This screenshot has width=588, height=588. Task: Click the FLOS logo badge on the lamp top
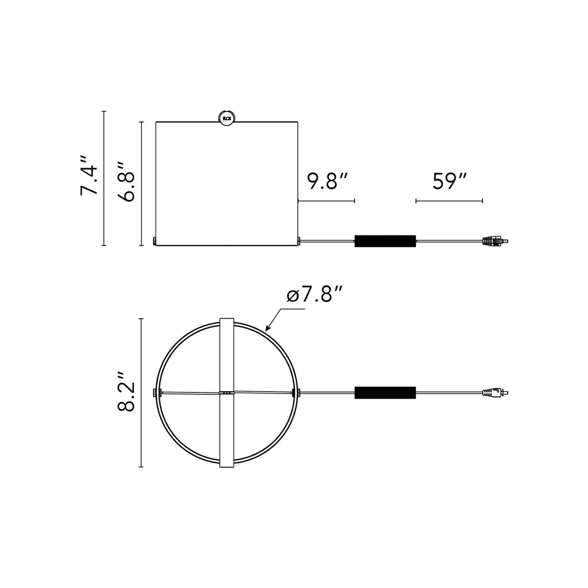[227, 117]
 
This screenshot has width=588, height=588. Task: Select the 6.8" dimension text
[126, 182]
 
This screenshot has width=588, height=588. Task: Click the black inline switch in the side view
[385, 241]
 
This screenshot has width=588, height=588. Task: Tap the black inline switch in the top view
[385, 392]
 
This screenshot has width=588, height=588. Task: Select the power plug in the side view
[495, 241]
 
